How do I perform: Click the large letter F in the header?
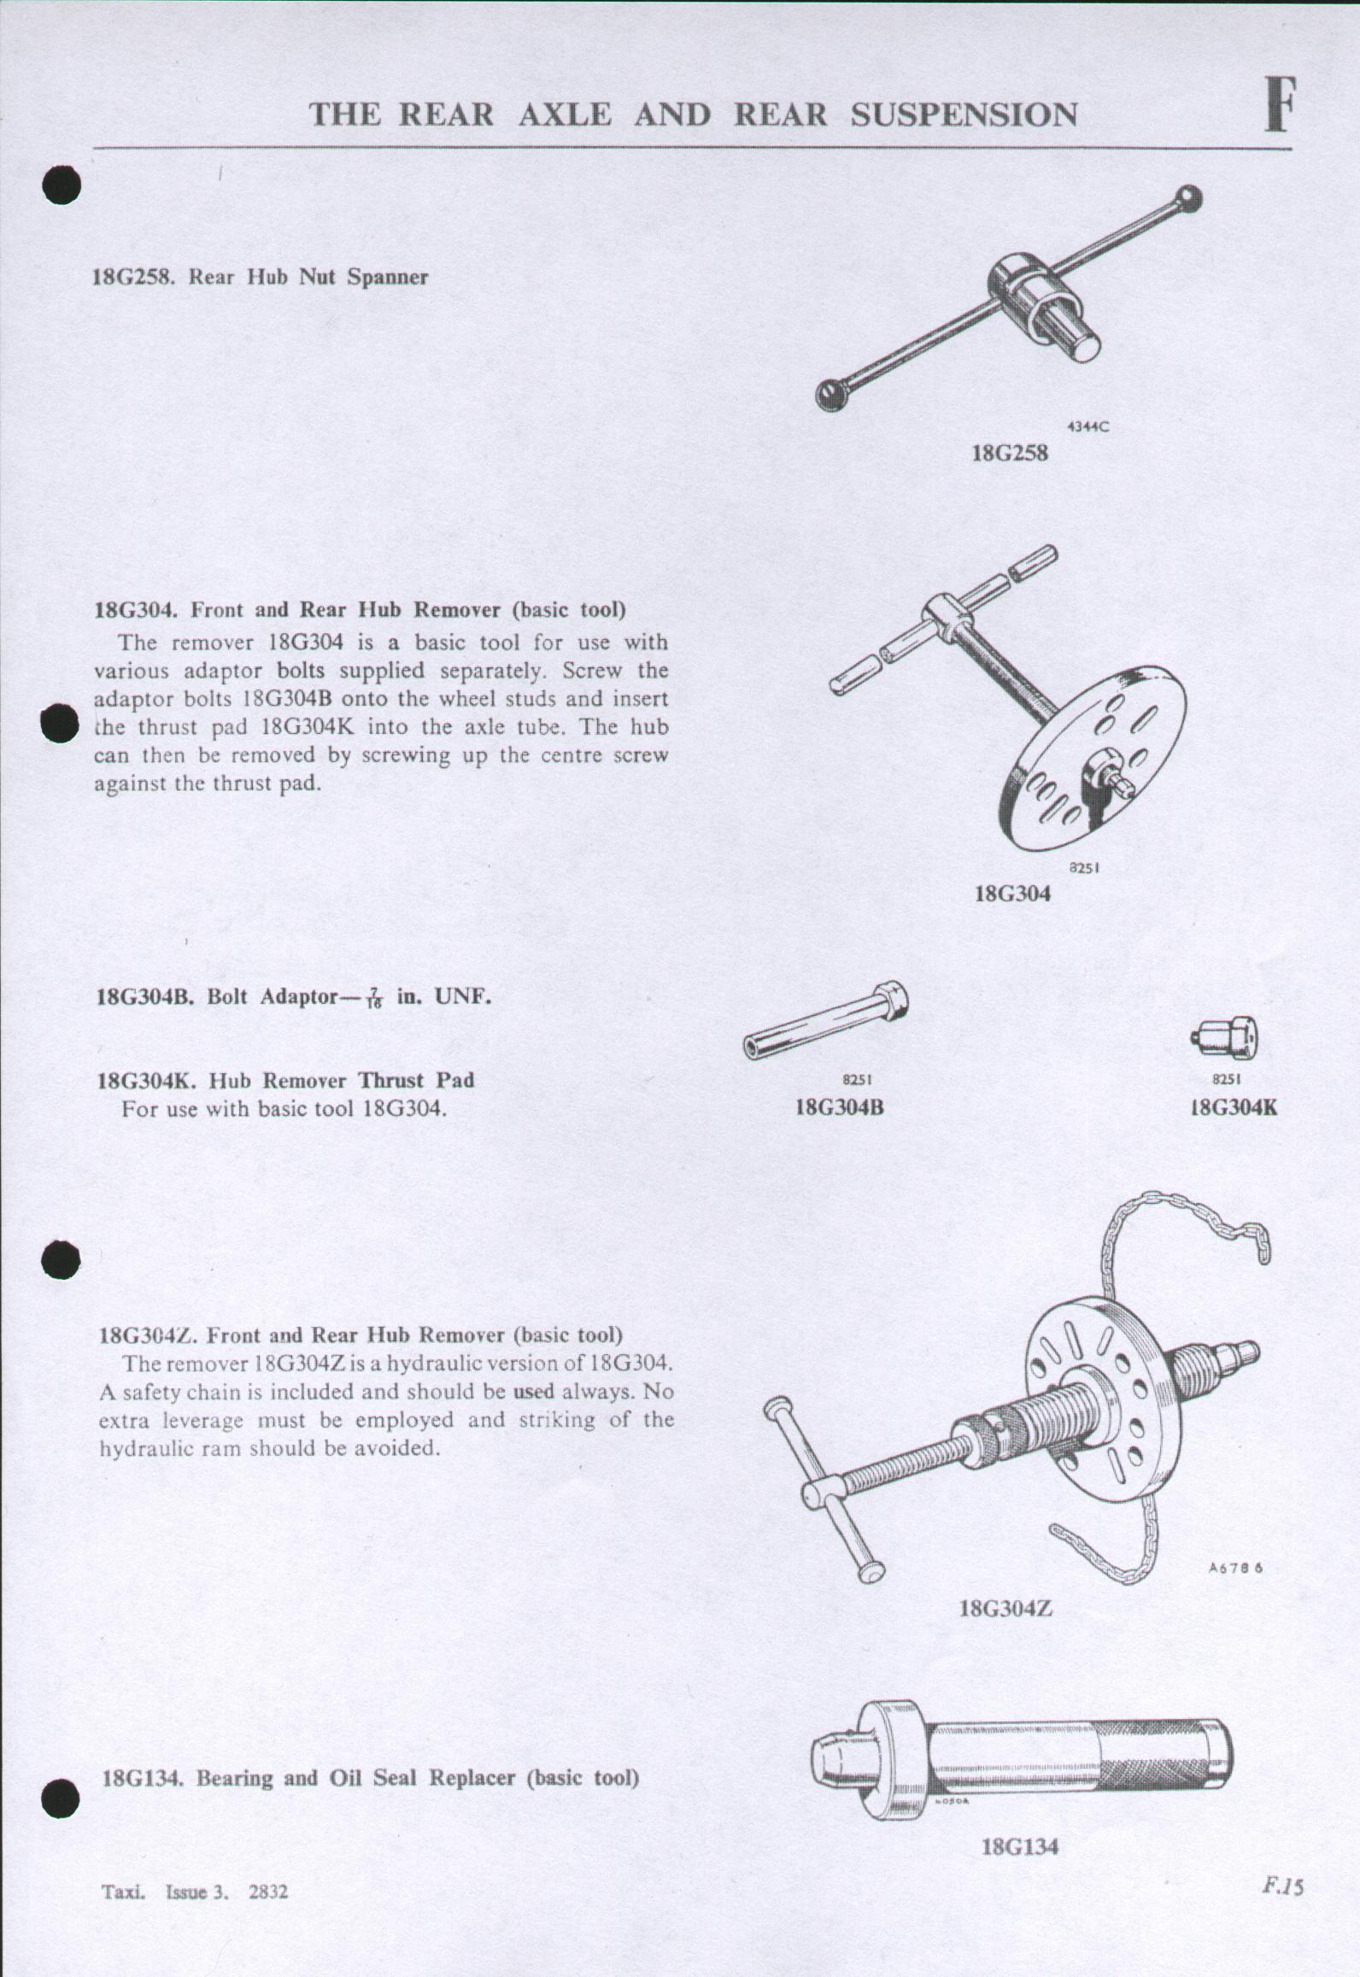coord(1280,106)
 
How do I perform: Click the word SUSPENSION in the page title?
coord(964,115)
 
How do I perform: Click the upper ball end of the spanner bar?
coord(1187,199)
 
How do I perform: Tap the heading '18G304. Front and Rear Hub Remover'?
coord(360,610)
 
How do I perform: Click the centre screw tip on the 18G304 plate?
coord(1121,780)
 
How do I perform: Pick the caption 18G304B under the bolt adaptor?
coord(839,1107)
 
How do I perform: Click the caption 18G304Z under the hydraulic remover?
coord(1005,1609)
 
